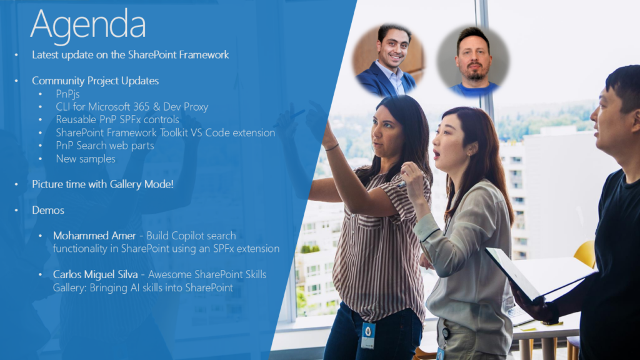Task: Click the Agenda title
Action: (x=87, y=25)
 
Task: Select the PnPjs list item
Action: (x=67, y=94)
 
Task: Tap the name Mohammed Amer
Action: (x=94, y=236)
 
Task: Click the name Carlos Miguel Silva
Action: (x=95, y=274)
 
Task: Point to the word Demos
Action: (x=48, y=210)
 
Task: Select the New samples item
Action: (x=86, y=159)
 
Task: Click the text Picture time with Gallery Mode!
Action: (x=103, y=184)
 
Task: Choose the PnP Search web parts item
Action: (x=105, y=146)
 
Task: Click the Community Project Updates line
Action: (x=96, y=81)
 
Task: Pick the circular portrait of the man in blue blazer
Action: (x=389, y=59)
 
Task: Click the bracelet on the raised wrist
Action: (x=332, y=147)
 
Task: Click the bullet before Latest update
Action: (x=16, y=55)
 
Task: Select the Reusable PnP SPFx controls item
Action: (x=117, y=119)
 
